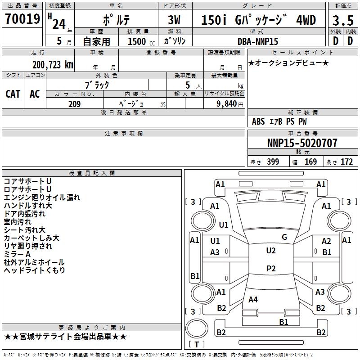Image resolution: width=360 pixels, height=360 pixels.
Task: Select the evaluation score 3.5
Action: tap(342, 20)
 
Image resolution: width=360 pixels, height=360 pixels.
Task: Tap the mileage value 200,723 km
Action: tap(53, 65)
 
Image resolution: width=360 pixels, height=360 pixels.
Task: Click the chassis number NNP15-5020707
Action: tap(302, 144)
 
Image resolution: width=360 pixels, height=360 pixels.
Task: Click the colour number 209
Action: tap(74, 104)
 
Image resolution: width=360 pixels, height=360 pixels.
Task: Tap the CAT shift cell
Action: tap(13, 94)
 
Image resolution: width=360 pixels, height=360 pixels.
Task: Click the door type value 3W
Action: tap(174, 20)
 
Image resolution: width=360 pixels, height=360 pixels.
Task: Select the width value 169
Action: tap(310, 162)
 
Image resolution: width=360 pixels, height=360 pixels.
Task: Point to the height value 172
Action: tap(346, 162)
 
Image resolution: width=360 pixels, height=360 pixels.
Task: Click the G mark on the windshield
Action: tap(284, 237)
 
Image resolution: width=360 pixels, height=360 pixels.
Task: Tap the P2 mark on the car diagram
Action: tap(270, 269)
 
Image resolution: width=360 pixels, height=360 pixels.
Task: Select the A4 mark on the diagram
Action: tap(253, 299)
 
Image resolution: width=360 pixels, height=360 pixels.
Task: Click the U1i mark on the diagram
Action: tap(224, 225)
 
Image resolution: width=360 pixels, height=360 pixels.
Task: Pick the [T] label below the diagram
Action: tap(196, 345)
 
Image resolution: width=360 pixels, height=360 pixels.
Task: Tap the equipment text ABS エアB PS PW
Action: tap(279, 121)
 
